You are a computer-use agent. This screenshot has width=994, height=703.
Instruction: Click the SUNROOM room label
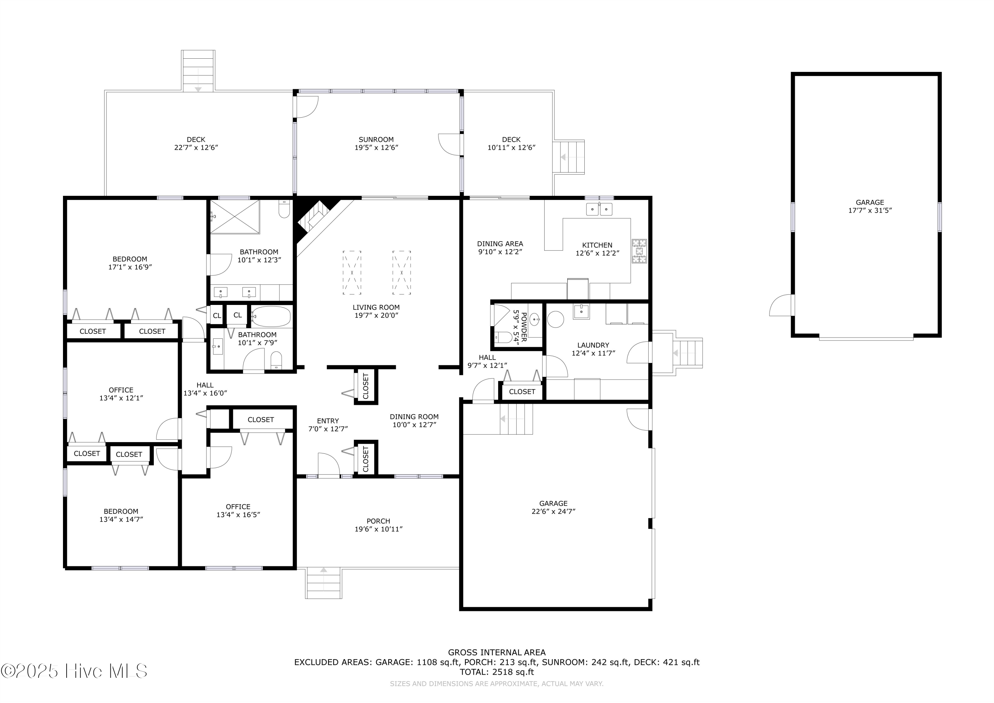tap(376, 140)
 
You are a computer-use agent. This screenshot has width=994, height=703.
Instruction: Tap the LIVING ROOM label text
tap(376, 307)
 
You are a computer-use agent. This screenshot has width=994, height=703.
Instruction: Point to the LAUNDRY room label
tap(593, 345)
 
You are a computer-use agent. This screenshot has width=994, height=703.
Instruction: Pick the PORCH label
tap(378, 521)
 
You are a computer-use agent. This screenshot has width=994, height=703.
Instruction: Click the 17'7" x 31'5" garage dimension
tap(870, 210)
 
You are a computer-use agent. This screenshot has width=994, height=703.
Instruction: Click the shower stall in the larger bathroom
tap(235, 216)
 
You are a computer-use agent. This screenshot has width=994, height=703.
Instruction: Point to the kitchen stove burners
tap(639, 251)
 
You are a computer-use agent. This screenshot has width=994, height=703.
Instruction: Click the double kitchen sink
tap(599, 209)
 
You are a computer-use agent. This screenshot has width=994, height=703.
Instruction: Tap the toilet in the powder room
tap(502, 337)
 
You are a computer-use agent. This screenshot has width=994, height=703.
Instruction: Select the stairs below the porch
tap(323, 583)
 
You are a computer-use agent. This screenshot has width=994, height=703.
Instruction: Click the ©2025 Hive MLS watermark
tap(74, 671)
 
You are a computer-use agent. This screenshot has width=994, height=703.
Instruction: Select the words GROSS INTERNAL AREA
tap(497, 652)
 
